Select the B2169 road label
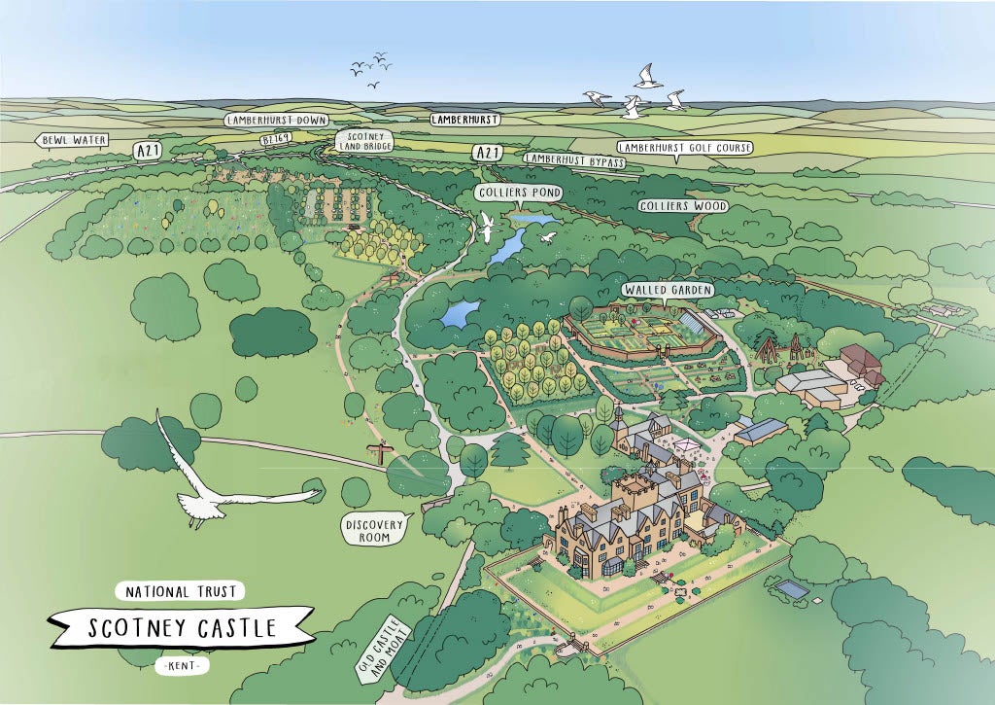point(276,140)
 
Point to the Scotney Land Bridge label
point(362,141)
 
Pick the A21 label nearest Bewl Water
point(148,151)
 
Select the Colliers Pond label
point(519,193)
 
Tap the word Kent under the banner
point(182,666)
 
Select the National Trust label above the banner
point(182,590)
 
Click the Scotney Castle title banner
point(183,628)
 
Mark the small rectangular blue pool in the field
point(793,589)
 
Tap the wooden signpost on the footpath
point(380,451)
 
